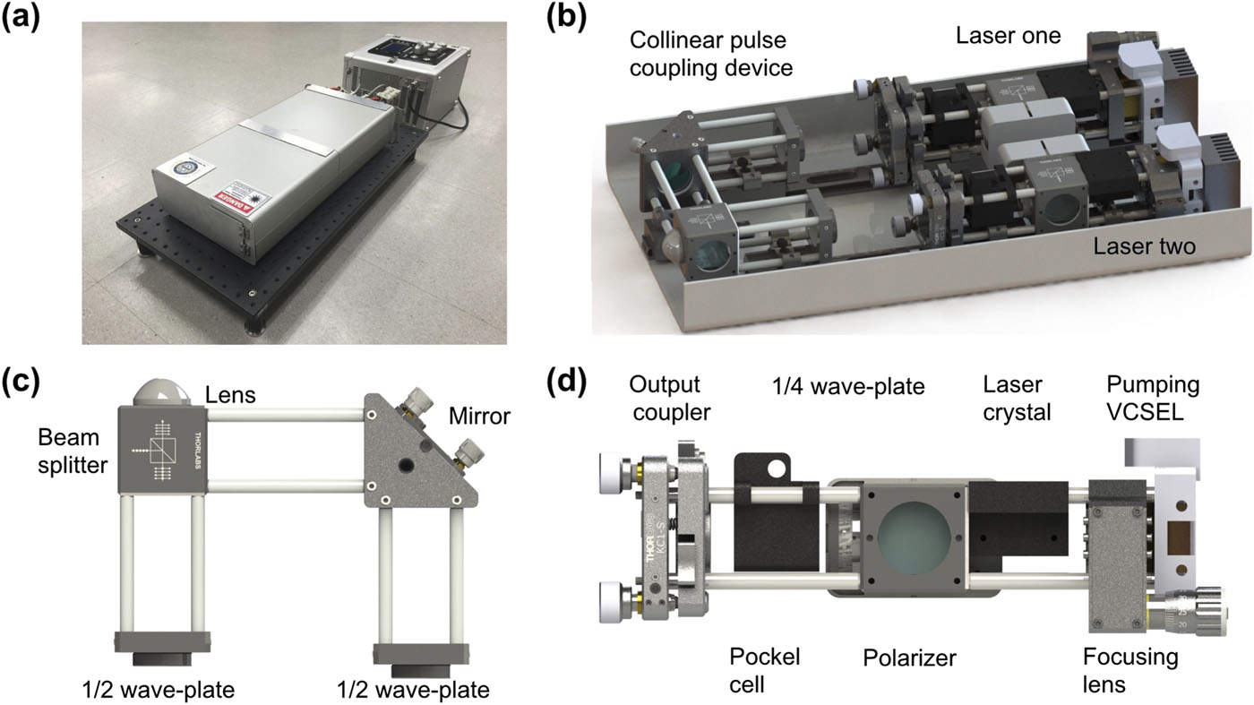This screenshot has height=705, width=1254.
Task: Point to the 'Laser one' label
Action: [1008, 37]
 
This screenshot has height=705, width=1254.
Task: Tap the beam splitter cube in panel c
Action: [164, 448]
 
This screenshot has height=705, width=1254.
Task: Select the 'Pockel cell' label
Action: [764, 669]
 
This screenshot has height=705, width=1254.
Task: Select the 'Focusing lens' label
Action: [1129, 669]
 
